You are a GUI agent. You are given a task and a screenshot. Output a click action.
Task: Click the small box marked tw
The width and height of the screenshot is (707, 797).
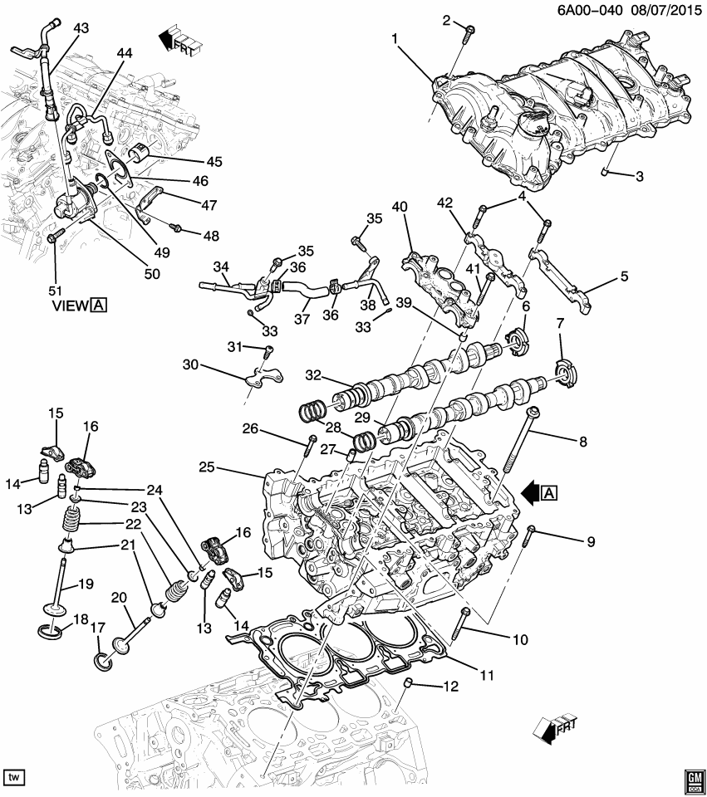(x=14, y=778)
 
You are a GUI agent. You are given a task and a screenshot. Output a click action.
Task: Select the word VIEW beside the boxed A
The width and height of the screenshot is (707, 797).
(x=70, y=305)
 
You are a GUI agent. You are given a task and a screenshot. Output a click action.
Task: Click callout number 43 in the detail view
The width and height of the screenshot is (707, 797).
(x=81, y=28)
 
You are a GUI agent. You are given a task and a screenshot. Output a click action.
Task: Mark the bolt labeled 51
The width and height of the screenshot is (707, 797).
(x=52, y=237)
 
